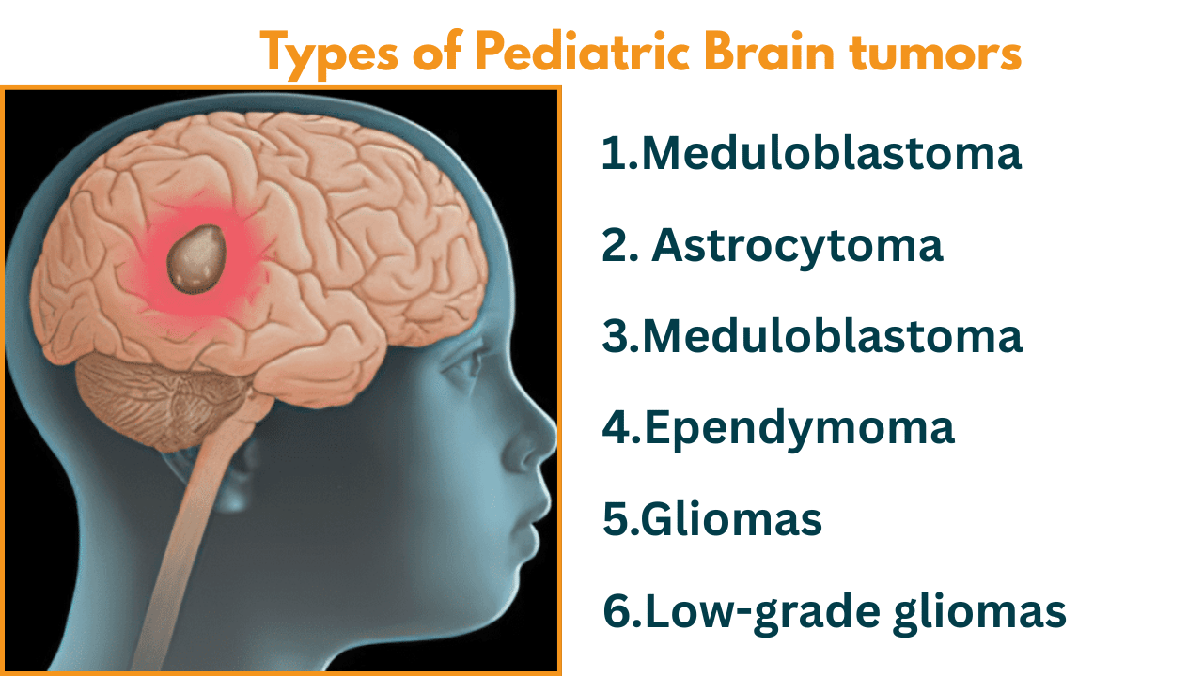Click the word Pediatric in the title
click(582, 53)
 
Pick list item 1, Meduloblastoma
click(811, 153)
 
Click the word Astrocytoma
click(797, 247)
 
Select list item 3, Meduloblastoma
click(812, 336)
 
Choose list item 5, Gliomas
click(712, 519)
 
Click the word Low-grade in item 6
click(763, 613)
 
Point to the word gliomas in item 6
click(979, 613)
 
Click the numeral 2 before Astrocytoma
click(616, 247)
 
